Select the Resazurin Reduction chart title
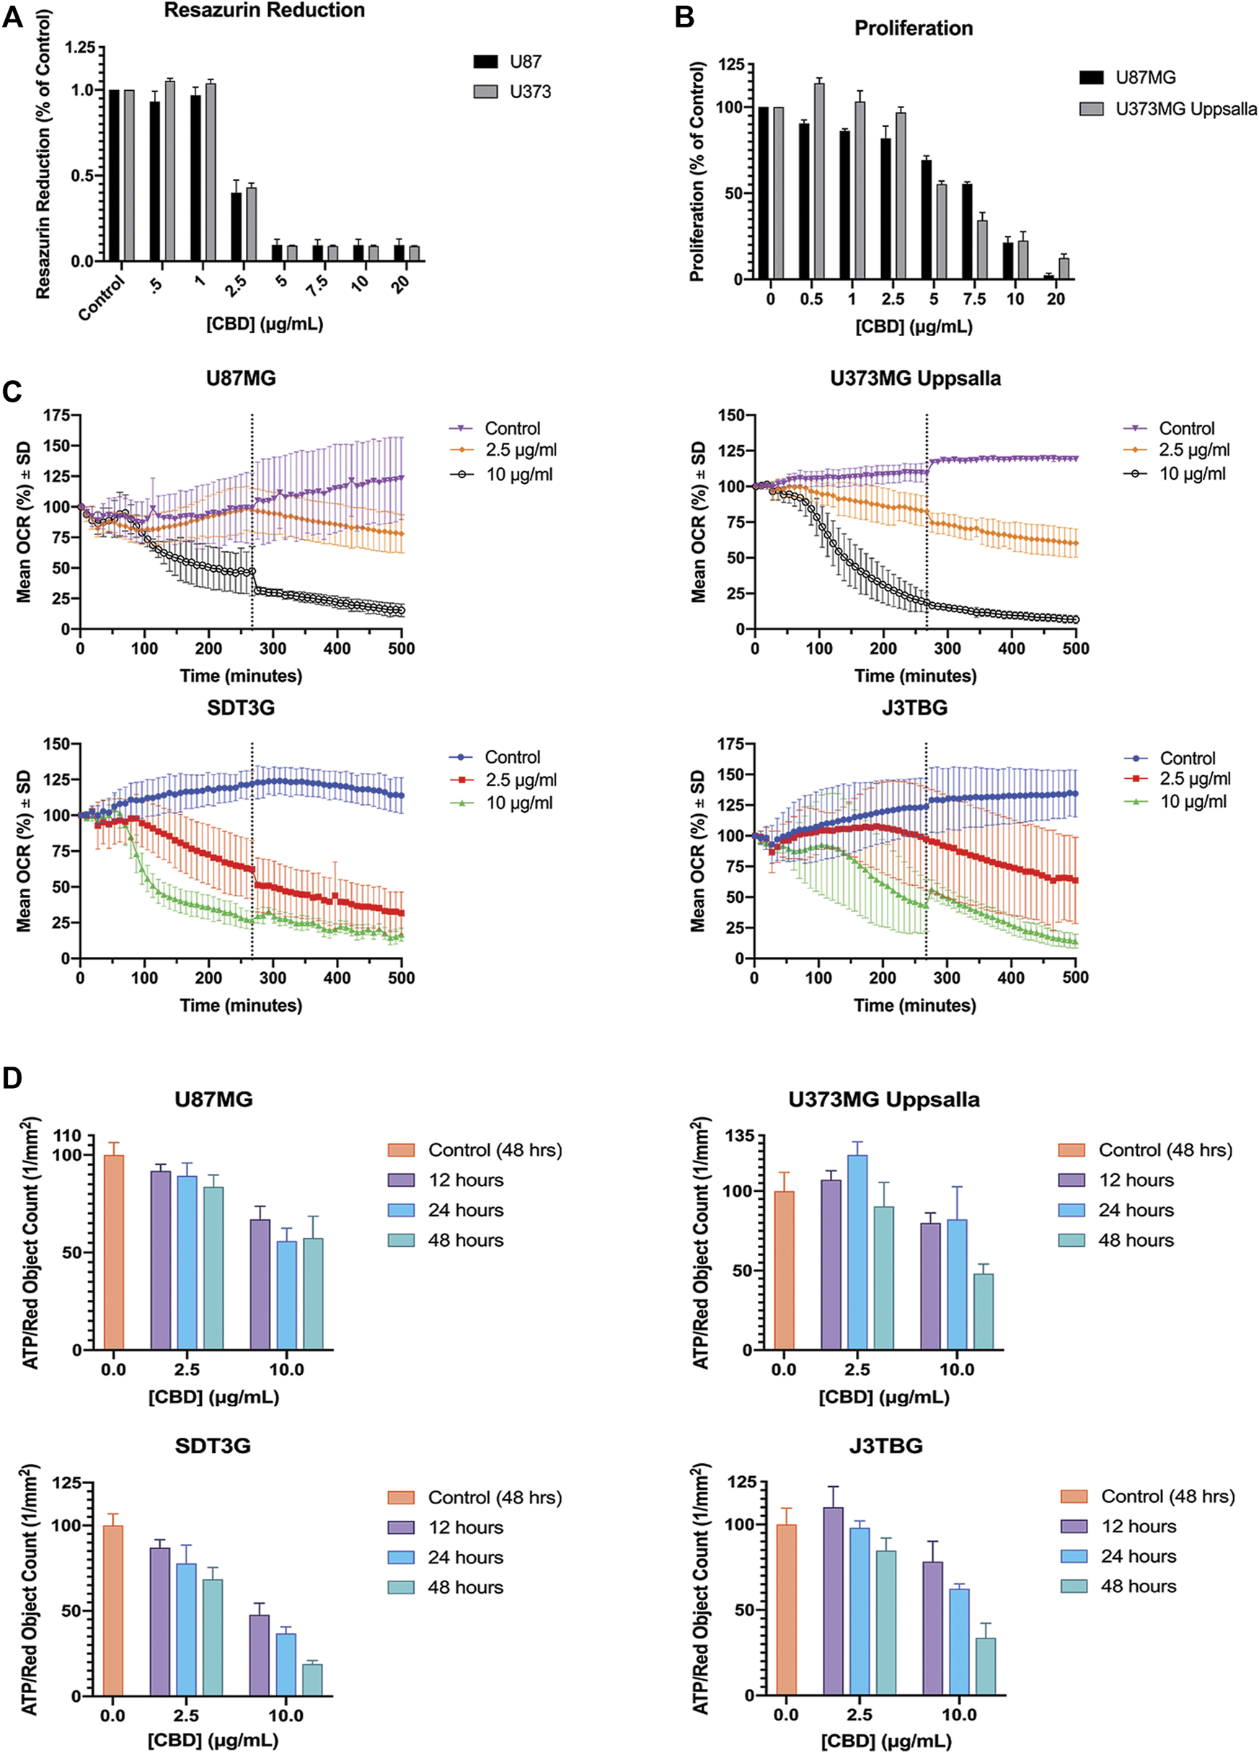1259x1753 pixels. [x=265, y=11]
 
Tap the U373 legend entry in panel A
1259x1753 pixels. [x=513, y=92]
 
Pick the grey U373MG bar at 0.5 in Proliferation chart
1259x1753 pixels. [x=819, y=181]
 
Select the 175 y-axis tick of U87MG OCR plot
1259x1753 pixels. [x=57, y=416]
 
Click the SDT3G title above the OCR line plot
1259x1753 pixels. [x=240, y=708]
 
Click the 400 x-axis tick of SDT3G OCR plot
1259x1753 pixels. [x=337, y=978]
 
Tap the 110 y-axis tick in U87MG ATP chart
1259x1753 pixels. [x=67, y=1136]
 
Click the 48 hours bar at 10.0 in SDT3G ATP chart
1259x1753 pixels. [x=312, y=1679]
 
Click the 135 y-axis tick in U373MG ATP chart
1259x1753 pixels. [x=739, y=1137]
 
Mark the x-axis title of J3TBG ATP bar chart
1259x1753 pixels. [x=885, y=1740]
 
